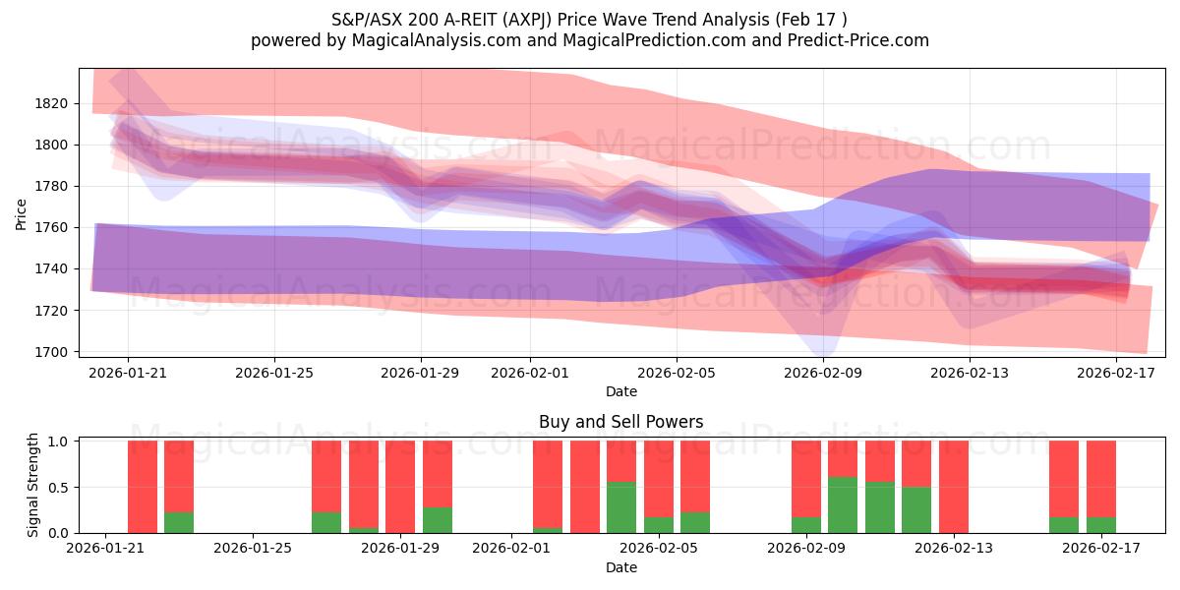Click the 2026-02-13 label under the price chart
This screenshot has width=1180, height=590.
click(x=971, y=373)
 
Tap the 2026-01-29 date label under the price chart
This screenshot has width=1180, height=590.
click(x=421, y=373)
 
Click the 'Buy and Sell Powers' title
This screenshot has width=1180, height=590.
click(x=620, y=422)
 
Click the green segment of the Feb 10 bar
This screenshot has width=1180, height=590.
click(x=843, y=504)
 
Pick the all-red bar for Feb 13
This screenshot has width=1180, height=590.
click(x=954, y=487)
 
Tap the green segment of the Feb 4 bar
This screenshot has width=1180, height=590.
click(x=621, y=507)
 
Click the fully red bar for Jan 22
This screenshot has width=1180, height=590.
click(x=143, y=487)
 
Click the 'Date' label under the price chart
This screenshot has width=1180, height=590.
click(x=620, y=391)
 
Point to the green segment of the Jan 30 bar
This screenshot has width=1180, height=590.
click(x=438, y=520)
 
